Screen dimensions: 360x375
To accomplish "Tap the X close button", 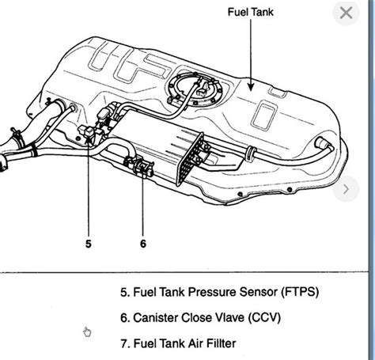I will pos(344,13).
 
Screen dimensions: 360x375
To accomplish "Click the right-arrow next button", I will pos(346,190).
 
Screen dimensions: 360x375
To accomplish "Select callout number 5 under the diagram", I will pos(88,244).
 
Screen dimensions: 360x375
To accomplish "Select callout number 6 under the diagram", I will pos(142,244).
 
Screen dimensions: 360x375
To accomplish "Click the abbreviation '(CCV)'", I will pos(262,318).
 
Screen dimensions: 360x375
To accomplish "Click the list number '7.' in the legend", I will pos(125,345).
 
